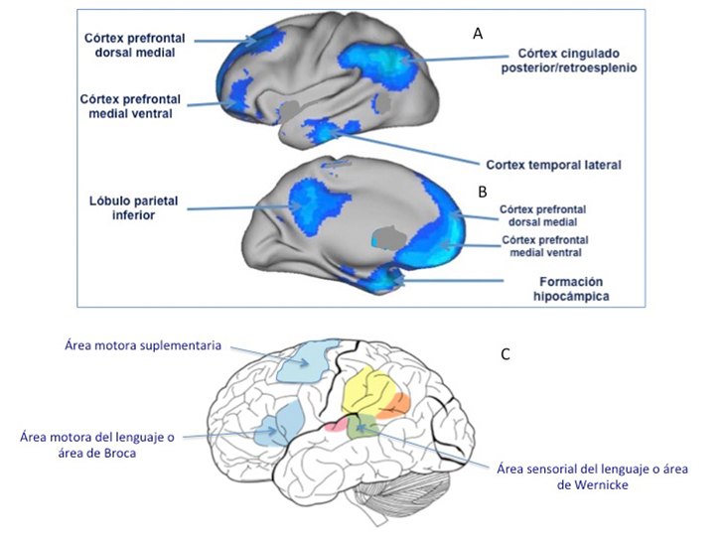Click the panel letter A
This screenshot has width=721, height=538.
tap(478, 34)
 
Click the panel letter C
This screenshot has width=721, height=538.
tap(505, 353)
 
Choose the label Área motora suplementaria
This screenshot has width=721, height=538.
tap(146, 345)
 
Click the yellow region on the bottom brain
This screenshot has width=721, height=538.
tap(367, 390)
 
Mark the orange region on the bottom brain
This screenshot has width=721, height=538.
tap(397, 402)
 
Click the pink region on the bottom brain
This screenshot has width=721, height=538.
tap(336, 425)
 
